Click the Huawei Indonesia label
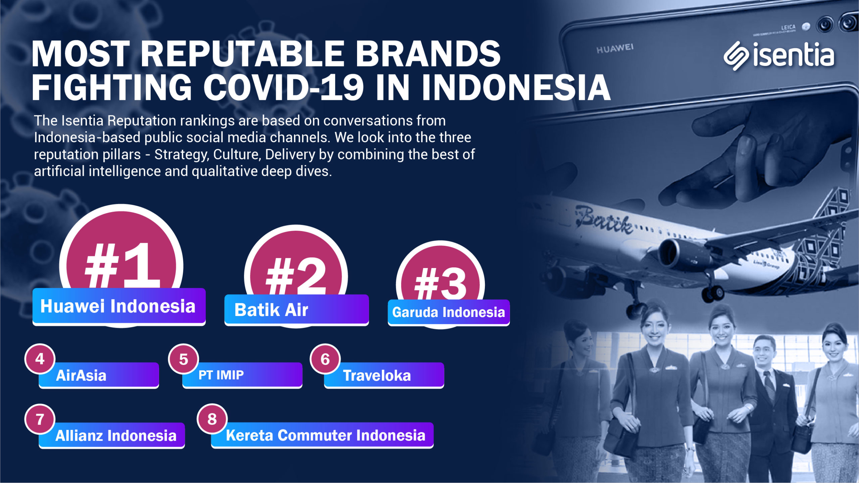[119, 307]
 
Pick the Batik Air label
[297, 310]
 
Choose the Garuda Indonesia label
[449, 312]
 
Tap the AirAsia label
[99, 375]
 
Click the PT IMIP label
[242, 375]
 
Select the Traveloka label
[384, 375]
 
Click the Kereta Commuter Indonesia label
[322, 435]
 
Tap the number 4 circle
[40, 359]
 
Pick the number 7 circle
[40, 419]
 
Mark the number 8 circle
[212, 419]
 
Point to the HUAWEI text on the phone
[615, 49]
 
